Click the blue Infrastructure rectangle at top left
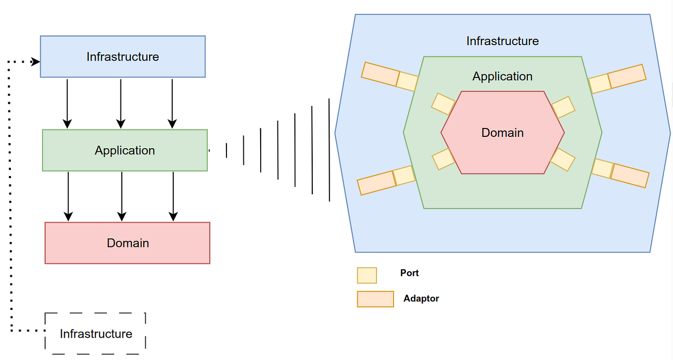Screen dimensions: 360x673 coord(122,57)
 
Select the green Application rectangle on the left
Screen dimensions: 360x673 coord(125,150)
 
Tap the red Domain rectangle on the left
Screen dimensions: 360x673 coord(127,243)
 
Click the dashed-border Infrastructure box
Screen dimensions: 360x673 coord(96,334)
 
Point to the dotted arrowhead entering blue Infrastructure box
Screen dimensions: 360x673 coord(36,62)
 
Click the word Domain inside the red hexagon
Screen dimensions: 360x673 coord(503,133)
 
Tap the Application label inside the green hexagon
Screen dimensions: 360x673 coord(502,76)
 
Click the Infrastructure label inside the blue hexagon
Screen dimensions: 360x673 coord(502,41)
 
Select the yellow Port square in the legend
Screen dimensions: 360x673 coord(367,275)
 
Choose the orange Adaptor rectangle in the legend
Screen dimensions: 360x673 coord(375,299)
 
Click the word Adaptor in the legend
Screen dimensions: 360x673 coord(421,299)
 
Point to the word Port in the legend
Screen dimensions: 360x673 coord(409,273)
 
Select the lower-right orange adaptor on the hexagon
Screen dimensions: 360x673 coord(629,175)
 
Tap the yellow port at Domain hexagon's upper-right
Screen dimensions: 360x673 coord(563,107)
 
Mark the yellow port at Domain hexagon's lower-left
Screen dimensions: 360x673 coord(443,159)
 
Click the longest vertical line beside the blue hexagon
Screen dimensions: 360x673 coord(329,150)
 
